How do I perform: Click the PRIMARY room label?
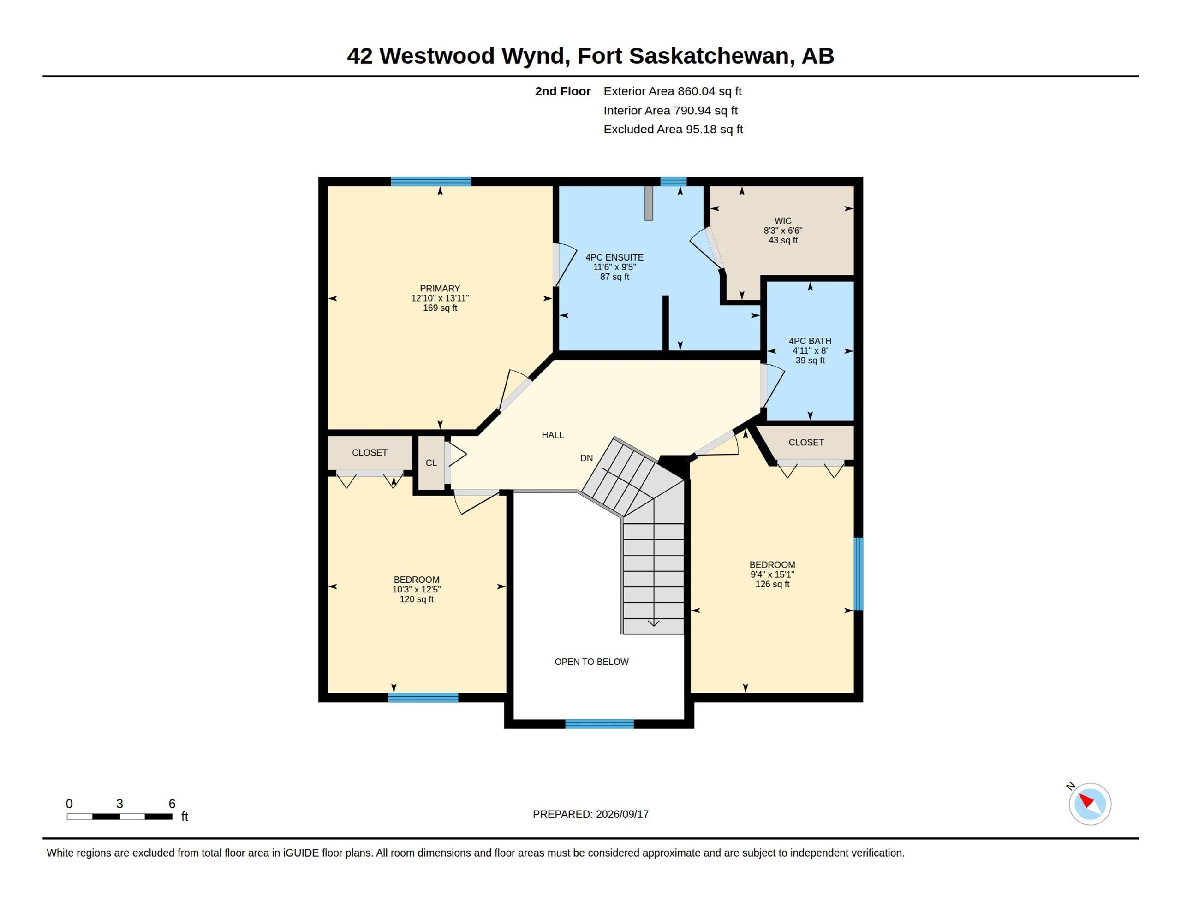[440, 289]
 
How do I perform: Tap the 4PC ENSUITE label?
[614, 257]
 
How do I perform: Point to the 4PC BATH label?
[810, 341]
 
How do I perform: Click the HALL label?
[553, 435]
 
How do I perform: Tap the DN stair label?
[586, 458]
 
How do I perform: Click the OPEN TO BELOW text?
[591, 662]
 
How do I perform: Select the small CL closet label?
[431, 463]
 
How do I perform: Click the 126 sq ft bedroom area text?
[772, 584]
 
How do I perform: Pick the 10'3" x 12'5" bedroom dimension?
[417, 589]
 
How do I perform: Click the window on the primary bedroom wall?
[431, 182]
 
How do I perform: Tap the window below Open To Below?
[599, 724]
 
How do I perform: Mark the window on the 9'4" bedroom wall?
[858, 574]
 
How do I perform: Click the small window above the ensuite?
[673, 182]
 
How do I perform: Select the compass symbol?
[1090, 804]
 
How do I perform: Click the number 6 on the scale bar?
[172, 804]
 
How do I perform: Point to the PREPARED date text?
[590, 814]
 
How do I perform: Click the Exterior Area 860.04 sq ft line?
[673, 91]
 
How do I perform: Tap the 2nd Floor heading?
[562, 91]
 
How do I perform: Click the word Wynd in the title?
[535, 56]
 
